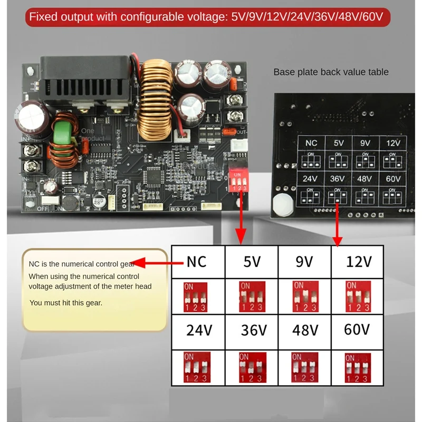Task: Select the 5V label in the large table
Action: (x=252, y=262)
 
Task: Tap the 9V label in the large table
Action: (x=304, y=262)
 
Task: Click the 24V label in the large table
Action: (x=199, y=330)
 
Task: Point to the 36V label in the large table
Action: (x=253, y=330)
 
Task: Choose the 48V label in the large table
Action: (x=305, y=330)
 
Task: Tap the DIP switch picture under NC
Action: (x=195, y=298)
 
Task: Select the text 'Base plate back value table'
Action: (x=331, y=72)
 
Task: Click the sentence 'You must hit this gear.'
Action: (x=66, y=303)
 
